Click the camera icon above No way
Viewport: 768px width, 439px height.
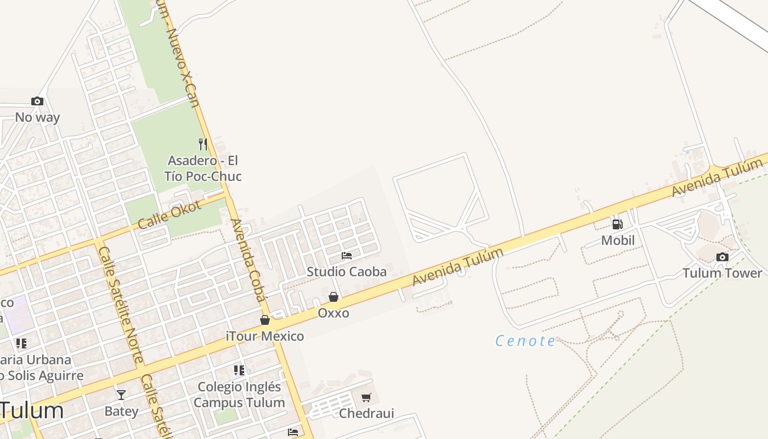tap(37, 101)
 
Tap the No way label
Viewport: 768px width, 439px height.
tap(37, 117)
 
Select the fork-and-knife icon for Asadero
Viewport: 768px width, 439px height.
tap(203, 144)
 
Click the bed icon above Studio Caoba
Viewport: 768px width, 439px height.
tap(346, 256)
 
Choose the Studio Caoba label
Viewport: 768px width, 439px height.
tap(346, 272)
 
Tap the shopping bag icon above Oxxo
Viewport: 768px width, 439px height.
tap(333, 297)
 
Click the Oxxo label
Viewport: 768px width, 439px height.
tap(334, 313)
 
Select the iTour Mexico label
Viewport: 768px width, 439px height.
tap(265, 336)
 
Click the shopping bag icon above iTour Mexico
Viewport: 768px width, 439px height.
tap(265, 320)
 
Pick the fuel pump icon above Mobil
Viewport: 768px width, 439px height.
tap(617, 224)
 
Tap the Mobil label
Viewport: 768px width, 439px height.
tap(618, 240)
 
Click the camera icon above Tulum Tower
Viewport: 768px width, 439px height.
tap(722, 257)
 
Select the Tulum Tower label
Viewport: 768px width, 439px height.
tap(722, 273)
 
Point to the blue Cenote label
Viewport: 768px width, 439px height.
tap(526, 341)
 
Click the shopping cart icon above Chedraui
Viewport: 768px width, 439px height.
tap(366, 397)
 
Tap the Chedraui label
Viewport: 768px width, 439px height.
tap(366, 413)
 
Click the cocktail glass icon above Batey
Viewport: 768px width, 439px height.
tap(121, 395)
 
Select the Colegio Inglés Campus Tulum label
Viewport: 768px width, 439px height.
tap(239, 395)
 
